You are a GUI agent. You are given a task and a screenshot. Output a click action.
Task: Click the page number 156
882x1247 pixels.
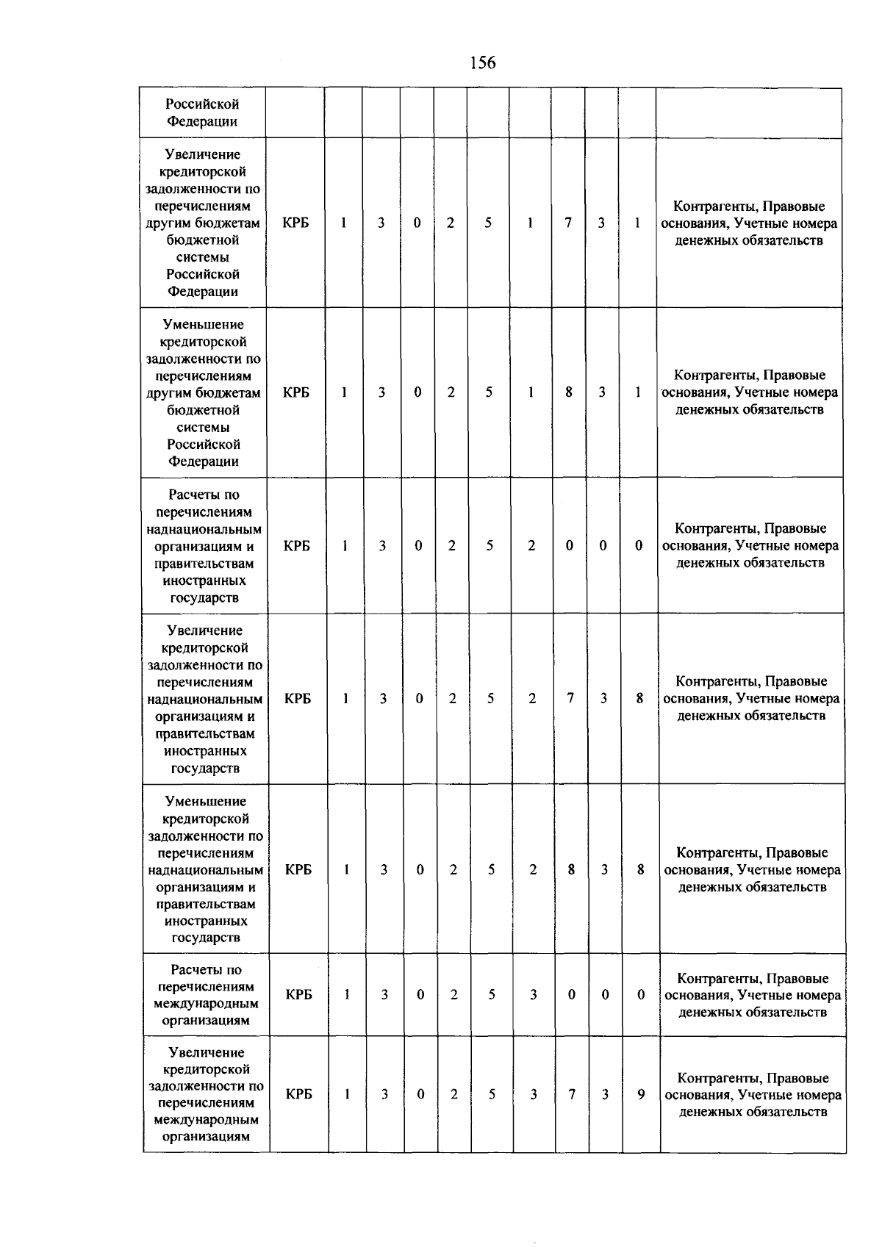(x=482, y=63)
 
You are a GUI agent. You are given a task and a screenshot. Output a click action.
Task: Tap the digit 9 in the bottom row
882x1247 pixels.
(x=641, y=1094)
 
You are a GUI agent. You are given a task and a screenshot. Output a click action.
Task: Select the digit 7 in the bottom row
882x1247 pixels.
(x=572, y=1094)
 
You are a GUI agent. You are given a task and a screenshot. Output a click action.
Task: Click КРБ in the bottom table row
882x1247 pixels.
(x=299, y=1094)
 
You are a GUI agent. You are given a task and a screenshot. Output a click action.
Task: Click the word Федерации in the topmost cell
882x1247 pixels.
(x=201, y=121)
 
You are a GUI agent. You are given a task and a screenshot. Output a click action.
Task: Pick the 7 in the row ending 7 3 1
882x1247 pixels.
(x=568, y=223)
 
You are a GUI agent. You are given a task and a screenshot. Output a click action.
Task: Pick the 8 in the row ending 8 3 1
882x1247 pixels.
(x=569, y=392)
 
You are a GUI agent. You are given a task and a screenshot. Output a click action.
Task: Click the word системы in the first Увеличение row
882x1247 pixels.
(x=203, y=257)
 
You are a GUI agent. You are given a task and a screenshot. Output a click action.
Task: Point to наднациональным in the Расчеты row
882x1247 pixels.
(x=204, y=529)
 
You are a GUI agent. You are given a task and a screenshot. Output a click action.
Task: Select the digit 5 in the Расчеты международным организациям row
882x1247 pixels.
(x=492, y=995)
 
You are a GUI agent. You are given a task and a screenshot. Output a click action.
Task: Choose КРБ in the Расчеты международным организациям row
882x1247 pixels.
(x=299, y=995)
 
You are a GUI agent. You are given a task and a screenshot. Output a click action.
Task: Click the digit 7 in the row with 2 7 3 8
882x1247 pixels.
(x=570, y=699)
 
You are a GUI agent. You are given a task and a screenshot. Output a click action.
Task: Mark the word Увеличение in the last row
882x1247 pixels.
(x=206, y=1052)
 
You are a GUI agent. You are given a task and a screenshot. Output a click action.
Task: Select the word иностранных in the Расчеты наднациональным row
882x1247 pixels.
(x=204, y=581)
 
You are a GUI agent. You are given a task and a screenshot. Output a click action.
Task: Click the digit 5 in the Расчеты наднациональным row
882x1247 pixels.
(x=490, y=546)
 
